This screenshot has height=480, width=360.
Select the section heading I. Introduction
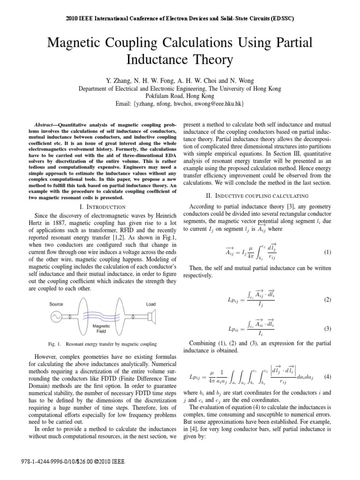click(101, 207)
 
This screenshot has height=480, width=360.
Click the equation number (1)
click(328, 252)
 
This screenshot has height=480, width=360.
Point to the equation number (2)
click(328, 299)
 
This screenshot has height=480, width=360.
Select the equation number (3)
click(328, 329)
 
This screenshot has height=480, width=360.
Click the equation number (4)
click(328, 376)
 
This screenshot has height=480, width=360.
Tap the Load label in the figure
click(151, 304)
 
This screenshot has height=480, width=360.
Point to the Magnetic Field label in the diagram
click(101, 328)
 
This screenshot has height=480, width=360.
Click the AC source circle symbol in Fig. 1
click(57, 317)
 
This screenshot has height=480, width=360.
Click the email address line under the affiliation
click(180, 103)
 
